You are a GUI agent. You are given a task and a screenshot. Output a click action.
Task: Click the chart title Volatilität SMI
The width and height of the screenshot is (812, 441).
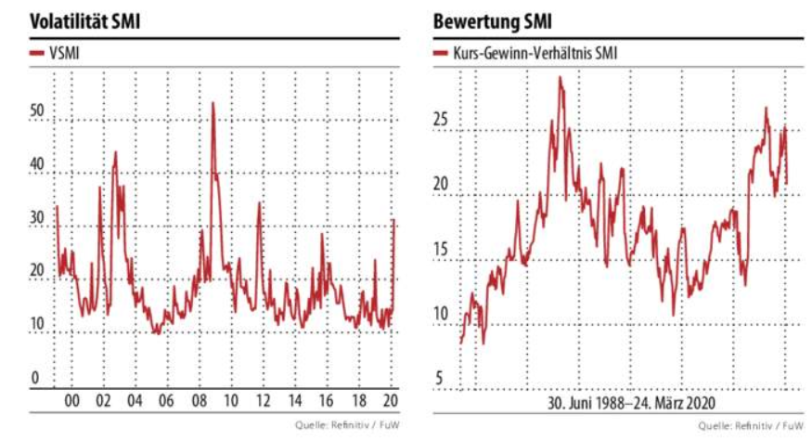pos(85,20)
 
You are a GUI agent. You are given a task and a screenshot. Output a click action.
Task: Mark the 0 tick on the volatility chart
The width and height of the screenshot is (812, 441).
pos(36,379)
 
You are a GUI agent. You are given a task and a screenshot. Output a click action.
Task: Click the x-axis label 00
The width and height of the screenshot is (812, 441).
pos(71,401)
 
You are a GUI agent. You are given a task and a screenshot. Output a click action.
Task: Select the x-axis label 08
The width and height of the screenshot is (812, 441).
pos(199,401)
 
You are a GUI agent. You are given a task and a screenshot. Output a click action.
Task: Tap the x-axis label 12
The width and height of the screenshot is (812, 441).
pos(263,401)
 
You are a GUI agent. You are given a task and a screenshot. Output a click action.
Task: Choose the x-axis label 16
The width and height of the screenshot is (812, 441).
pos(326,401)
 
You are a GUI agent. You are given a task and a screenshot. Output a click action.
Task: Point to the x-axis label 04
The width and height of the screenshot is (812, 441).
pos(135,401)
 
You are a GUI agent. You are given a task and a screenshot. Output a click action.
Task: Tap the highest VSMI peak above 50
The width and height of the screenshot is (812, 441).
pos(213,103)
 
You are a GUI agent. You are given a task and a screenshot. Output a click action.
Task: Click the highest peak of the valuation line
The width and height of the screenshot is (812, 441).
pos(560,78)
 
